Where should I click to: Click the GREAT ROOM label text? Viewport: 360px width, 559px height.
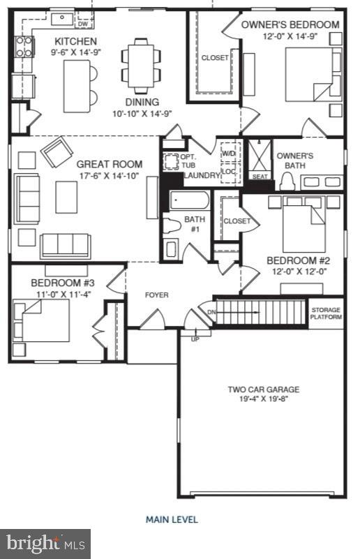110,165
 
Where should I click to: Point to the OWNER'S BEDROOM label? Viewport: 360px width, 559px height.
290,24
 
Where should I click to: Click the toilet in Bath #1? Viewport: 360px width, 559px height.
171,226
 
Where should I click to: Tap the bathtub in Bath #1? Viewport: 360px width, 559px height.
185,203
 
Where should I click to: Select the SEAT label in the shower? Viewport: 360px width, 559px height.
260,177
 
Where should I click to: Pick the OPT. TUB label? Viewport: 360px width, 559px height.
188,162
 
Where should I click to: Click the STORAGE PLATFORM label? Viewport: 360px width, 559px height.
327,313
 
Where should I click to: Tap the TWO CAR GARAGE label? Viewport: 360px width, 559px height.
263,389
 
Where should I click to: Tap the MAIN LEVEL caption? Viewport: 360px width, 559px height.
172,519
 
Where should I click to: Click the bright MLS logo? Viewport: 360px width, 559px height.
45,542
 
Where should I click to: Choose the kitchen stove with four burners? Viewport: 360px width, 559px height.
24,46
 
